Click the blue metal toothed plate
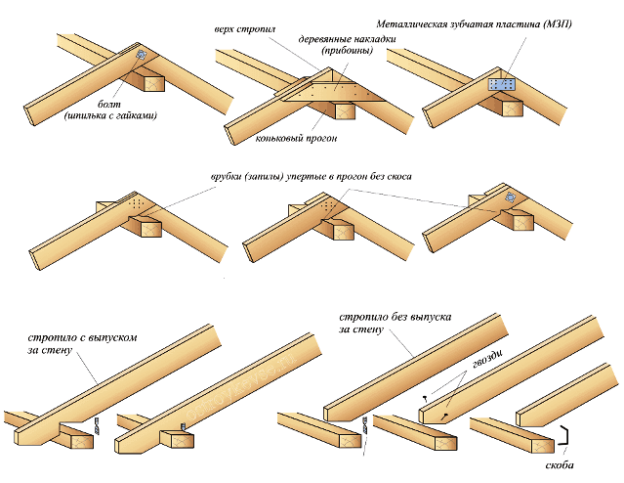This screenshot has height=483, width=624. pos(500,84)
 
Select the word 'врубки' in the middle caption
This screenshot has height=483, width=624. pos(229,178)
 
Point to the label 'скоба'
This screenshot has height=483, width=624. pos(560,464)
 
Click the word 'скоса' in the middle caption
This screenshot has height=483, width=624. pos(395,178)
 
